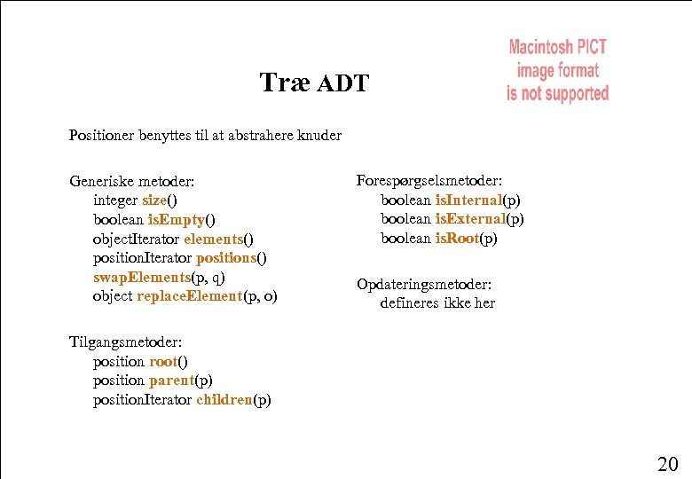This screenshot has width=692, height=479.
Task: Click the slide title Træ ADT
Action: point(314,83)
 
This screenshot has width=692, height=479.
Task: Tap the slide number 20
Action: point(667,462)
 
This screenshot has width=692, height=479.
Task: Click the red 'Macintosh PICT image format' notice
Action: point(557,70)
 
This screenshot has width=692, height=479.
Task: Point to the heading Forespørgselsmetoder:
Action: point(429,180)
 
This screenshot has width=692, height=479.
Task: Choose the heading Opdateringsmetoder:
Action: point(423,284)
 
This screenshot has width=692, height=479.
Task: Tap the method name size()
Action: point(159,200)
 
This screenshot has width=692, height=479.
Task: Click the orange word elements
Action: point(213,239)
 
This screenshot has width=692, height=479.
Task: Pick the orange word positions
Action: point(226,258)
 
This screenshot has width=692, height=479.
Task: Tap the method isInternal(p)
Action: point(477,200)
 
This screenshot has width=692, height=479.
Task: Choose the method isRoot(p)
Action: point(466,239)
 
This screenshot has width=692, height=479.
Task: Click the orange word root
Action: point(163,361)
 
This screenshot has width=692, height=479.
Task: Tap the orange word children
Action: point(224,400)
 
